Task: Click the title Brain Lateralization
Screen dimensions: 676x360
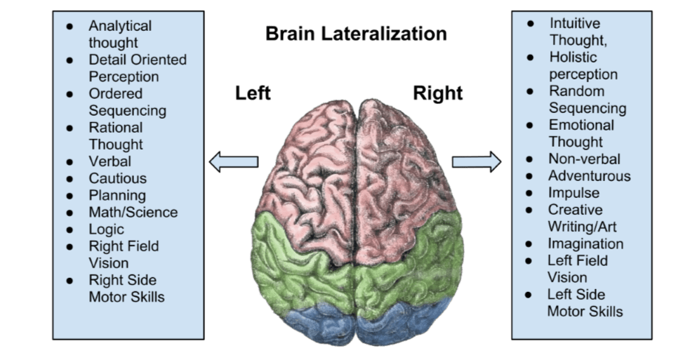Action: [x=356, y=34]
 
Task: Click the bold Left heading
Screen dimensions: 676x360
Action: [x=253, y=93]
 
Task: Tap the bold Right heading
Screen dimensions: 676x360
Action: [x=437, y=93]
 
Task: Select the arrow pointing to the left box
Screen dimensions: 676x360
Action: [x=234, y=161]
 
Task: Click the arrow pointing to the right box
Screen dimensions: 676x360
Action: [x=477, y=161]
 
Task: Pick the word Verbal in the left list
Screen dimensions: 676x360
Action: [x=110, y=161]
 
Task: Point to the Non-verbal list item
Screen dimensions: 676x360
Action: [x=584, y=159]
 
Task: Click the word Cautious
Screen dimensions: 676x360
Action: [x=118, y=178]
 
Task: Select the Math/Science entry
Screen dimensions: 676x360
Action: [x=133, y=212]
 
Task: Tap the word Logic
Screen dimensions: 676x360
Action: [x=106, y=229]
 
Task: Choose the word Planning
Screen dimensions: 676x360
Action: [x=117, y=195]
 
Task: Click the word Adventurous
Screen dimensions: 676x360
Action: [x=590, y=176]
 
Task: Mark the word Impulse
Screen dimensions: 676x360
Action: [x=574, y=193]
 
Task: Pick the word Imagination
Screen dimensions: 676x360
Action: [x=585, y=244]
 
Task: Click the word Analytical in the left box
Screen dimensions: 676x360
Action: [x=120, y=26]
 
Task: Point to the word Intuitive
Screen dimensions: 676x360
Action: [x=575, y=23]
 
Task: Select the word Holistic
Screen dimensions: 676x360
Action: [x=573, y=57]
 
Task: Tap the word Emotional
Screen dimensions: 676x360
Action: [x=581, y=125]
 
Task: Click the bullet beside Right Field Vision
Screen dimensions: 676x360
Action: [x=69, y=246]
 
